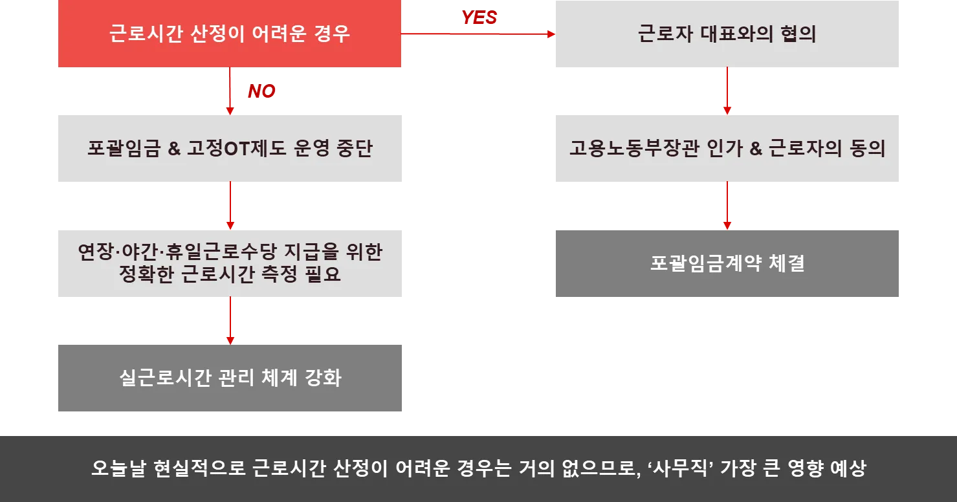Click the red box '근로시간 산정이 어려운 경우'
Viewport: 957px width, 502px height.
pos(230,34)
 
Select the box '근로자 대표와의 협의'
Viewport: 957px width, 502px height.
pos(727,34)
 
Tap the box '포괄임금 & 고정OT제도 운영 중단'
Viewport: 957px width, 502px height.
pos(230,149)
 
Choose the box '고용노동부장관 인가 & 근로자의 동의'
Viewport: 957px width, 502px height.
pos(727,149)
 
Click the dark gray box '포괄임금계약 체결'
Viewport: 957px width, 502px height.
pos(727,264)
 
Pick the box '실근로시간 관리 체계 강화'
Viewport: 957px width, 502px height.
pos(230,378)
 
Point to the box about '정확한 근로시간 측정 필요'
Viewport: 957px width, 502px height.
pos(230,264)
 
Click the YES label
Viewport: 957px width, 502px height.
pos(479,18)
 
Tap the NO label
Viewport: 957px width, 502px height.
pos(261,92)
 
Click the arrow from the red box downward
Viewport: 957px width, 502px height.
pos(230,91)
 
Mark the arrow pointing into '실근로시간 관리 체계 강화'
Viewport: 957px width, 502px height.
pos(230,321)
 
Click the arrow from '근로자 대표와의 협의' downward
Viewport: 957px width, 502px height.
pos(727,91)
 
